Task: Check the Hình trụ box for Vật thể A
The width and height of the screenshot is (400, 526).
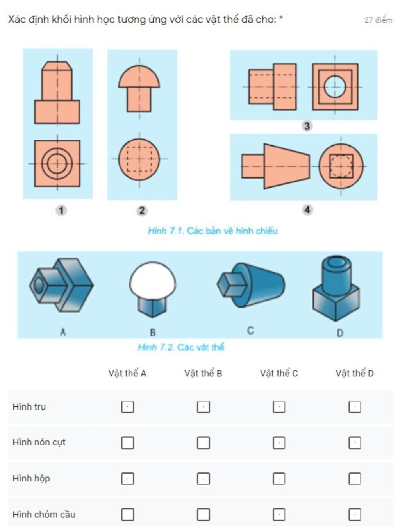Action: click(127, 407)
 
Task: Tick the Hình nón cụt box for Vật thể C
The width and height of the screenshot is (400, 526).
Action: click(279, 443)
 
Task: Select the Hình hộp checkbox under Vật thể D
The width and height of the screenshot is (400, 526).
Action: click(354, 479)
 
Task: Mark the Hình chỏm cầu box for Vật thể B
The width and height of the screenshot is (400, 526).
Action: click(204, 514)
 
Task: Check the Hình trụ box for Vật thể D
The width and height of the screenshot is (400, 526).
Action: click(354, 407)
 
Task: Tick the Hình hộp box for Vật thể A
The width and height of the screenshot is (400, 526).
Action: click(127, 479)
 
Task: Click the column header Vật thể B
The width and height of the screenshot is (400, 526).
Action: click(203, 373)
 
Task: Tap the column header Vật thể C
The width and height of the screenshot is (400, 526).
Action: click(279, 373)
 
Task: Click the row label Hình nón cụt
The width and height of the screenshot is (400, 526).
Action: click(39, 442)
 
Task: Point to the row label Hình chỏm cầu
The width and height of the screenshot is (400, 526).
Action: click(44, 514)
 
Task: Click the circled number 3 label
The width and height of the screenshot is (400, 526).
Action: click(307, 126)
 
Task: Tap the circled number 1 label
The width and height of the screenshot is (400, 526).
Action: click(61, 211)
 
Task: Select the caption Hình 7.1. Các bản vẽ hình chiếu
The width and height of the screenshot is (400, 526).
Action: click(212, 231)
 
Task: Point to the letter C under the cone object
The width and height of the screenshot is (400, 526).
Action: click(250, 331)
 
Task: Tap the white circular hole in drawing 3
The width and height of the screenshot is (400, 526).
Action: click(335, 87)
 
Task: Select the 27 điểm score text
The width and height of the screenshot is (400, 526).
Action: click(378, 20)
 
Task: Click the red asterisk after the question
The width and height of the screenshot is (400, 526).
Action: click(281, 18)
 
